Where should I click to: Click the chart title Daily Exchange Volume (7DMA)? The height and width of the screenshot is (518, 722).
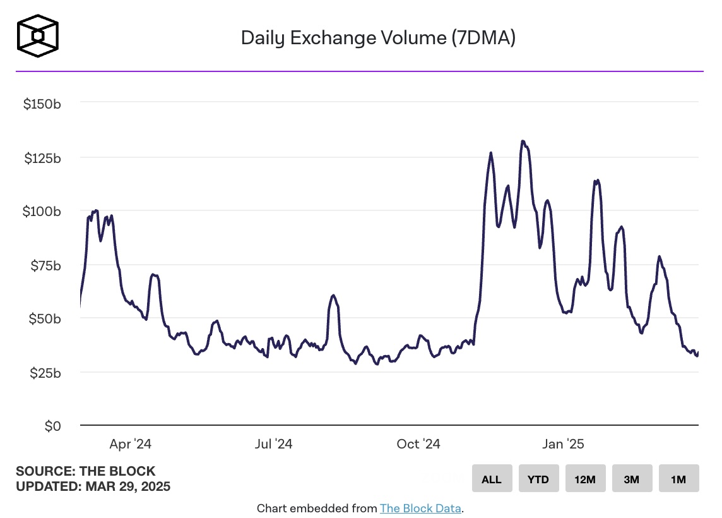pos(378,38)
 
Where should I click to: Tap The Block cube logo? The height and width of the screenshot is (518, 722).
pos(38,35)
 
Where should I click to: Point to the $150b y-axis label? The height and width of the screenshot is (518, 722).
pos(42,104)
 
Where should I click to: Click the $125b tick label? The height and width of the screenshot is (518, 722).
pos(42,158)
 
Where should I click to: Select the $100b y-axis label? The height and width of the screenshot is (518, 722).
pos(42,212)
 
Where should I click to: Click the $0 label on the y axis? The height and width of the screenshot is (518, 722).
pos(52,426)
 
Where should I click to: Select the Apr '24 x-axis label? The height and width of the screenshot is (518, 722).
pos(130,444)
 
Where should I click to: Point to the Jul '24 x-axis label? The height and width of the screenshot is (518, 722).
pos(273,444)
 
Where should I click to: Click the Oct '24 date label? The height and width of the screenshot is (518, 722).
pos(418,444)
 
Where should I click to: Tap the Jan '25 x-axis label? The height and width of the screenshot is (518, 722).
pos(563,444)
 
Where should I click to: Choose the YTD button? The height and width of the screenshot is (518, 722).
pos(538,479)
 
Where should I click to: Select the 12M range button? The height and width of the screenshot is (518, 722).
pos(585,479)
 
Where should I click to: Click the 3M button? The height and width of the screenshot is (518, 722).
pos(632,479)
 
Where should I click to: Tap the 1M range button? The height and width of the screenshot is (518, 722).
pos(678,479)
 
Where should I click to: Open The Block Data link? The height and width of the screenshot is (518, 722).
pos(421,508)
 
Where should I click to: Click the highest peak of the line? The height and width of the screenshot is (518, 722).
pos(523,142)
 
